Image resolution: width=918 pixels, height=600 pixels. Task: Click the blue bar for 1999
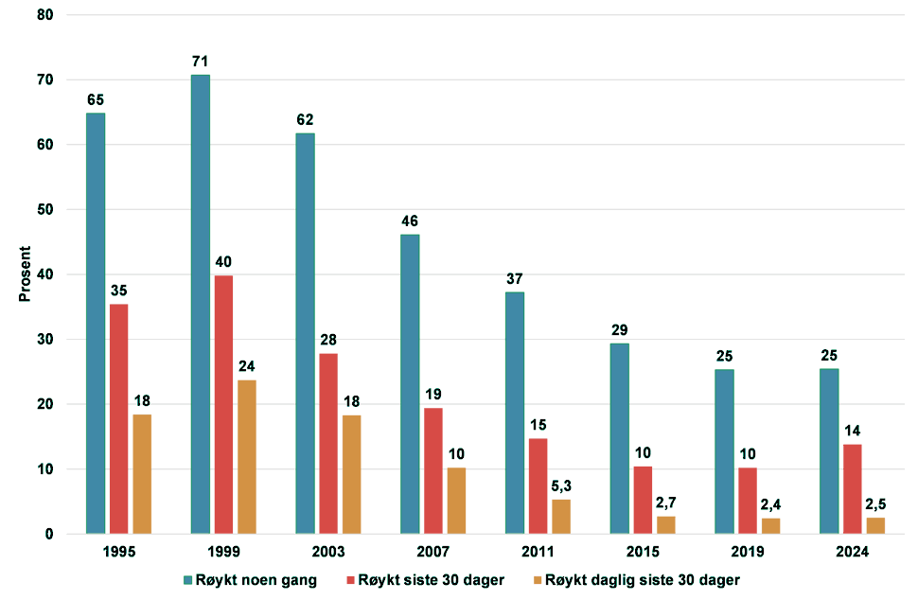coord(200,304)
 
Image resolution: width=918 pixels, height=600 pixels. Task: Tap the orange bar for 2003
coord(351,474)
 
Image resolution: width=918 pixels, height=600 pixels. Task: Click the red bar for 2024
coord(852,488)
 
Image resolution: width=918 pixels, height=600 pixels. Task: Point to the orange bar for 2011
coord(561,517)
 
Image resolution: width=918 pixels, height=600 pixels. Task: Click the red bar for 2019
coord(747,501)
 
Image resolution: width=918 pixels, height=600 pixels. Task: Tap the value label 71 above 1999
coord(200,61)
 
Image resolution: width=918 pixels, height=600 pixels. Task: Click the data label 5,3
coord(561,485)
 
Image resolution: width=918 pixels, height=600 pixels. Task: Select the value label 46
coord(410,221)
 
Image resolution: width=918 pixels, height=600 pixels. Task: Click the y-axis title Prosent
coord(26,274)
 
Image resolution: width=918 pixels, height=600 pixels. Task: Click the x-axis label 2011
coord(538,552)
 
